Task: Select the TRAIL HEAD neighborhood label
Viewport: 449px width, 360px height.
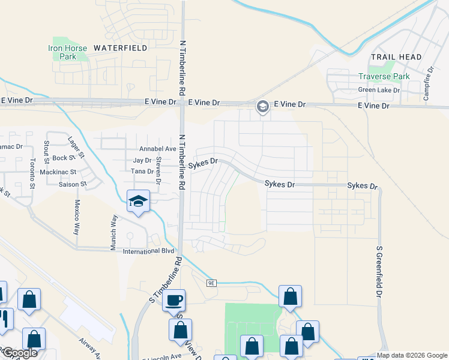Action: [x=396, y=57]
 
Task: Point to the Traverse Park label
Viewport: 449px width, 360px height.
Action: [x=384, y=76]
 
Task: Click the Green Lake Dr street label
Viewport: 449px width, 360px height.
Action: [x=379, y=90]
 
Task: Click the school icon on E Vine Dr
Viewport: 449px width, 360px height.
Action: [x=262, y=107]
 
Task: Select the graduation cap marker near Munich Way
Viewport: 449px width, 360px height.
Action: [x=138, y=202]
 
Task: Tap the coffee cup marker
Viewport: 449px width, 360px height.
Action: [x=174, y=301]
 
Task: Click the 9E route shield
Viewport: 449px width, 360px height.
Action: [x=211, y=283]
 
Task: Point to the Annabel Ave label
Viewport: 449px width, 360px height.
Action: [x=157, y=148]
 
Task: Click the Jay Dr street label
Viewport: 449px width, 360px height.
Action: [x=142, y=160]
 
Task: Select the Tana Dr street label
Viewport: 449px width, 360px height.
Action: [x=142, y=172]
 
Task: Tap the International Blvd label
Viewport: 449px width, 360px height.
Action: [x=149, y=251]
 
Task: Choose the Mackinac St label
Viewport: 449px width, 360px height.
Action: [x=58, y=172]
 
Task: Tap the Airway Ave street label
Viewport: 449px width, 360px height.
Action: [x=91, y=350]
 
